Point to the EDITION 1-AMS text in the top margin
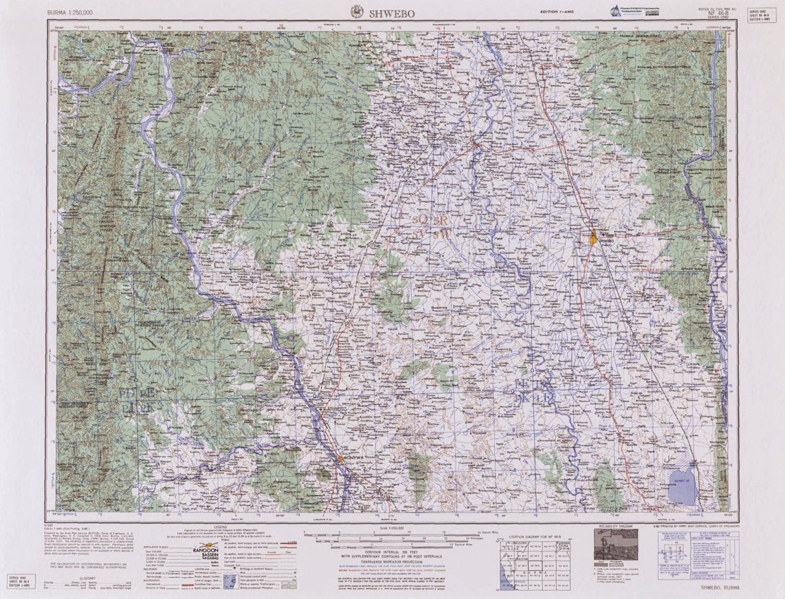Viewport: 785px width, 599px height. (x=557, y=12)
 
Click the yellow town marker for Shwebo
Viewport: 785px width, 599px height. (x=594, y=238)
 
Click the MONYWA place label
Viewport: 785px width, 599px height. (x=353, y=457)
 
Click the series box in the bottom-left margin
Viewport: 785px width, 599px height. (x=21, y=580)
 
